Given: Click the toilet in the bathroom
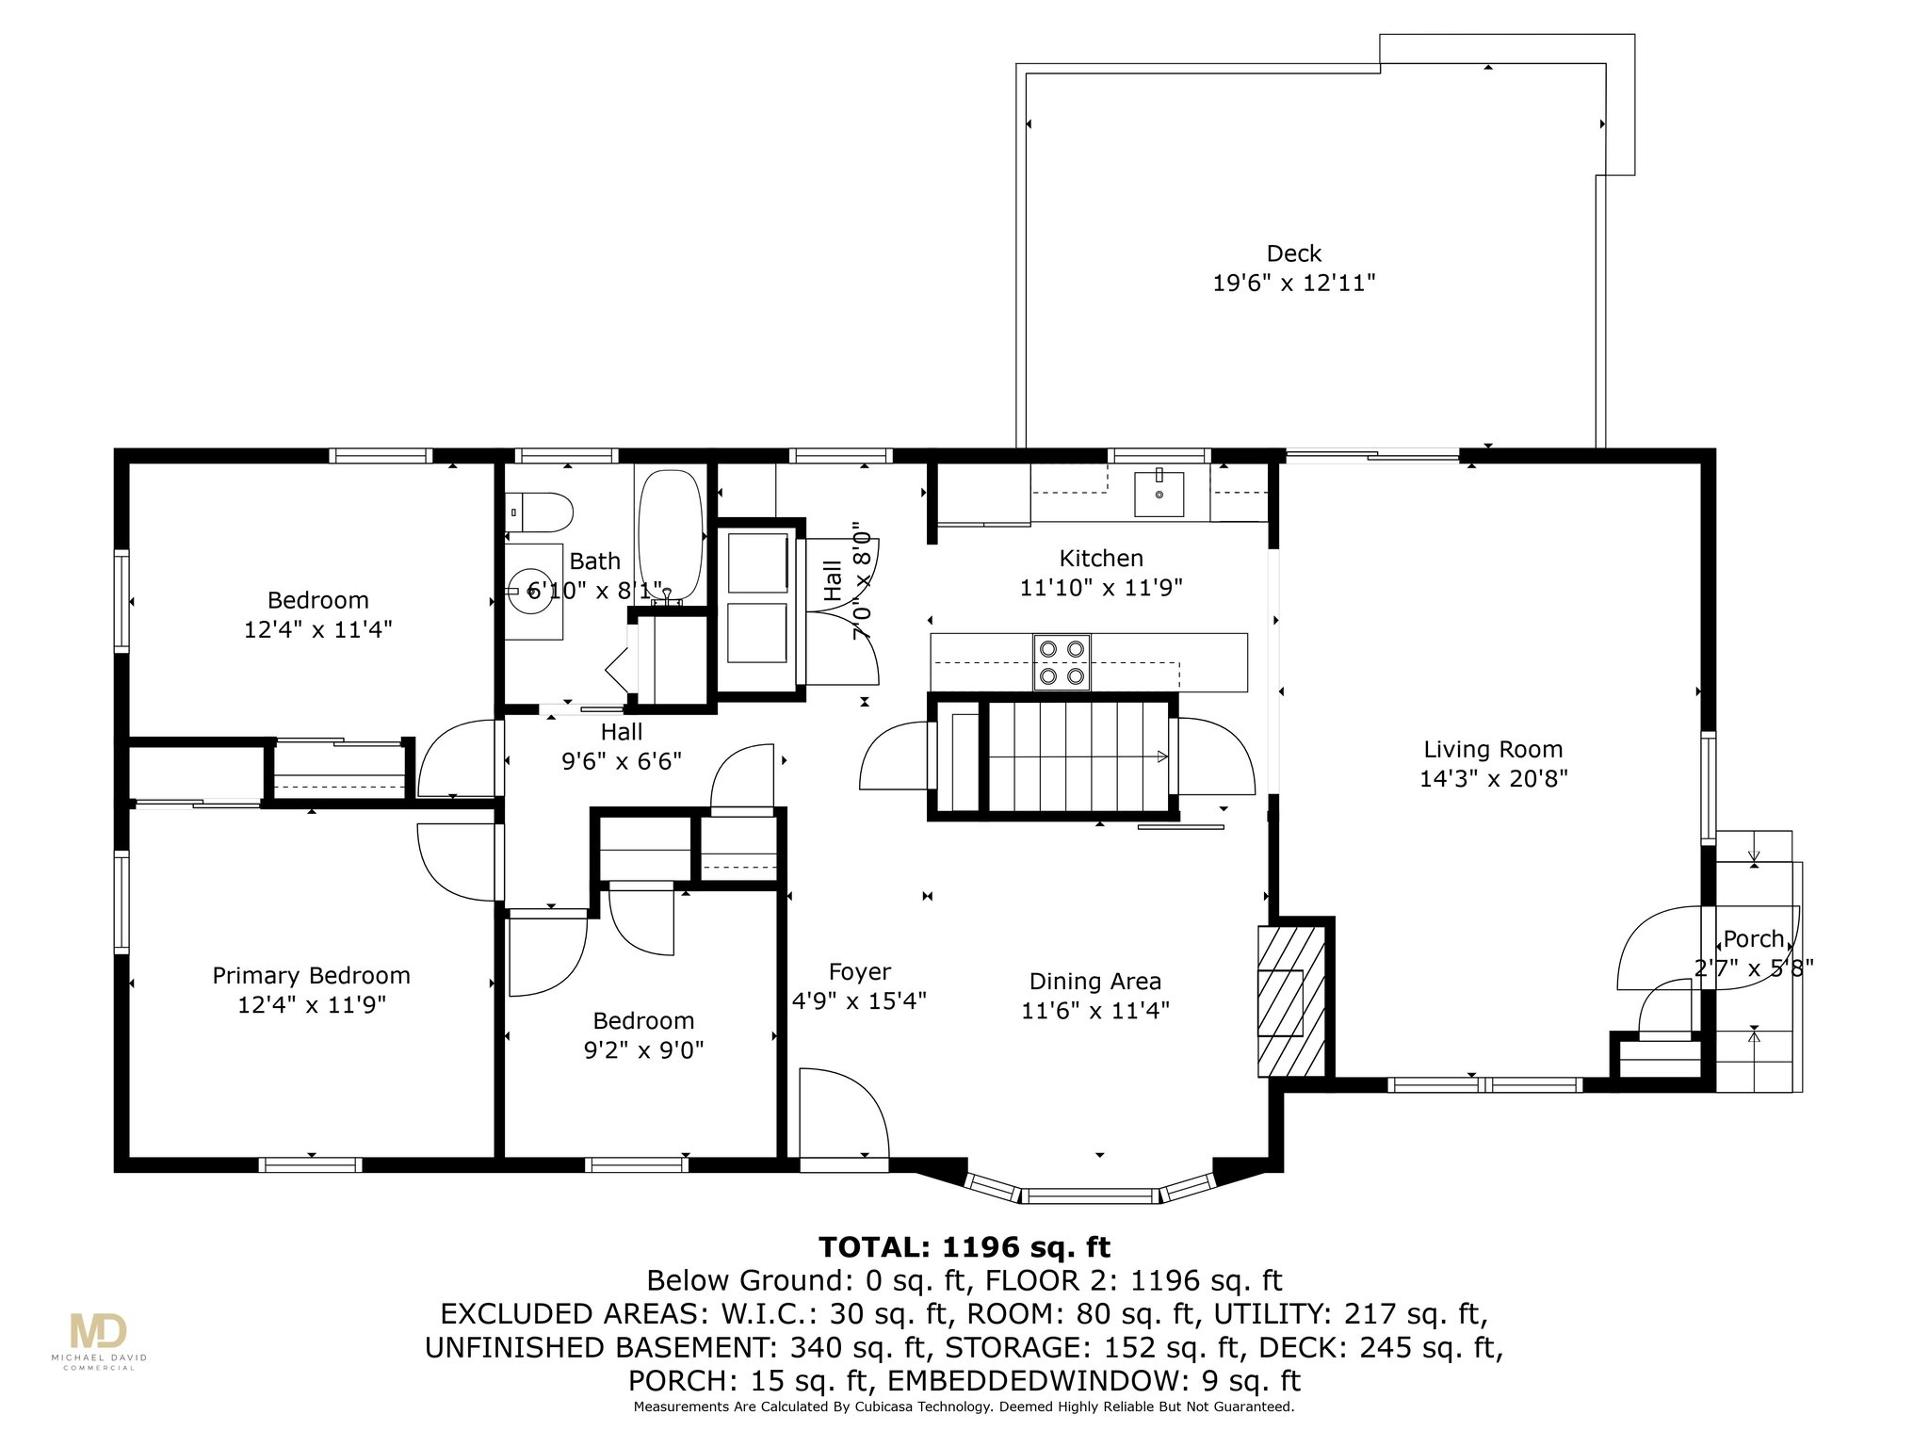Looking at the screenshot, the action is click(x=541, y=513).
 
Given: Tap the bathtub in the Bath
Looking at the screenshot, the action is click(x=671, y=535).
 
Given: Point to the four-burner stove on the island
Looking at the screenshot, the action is click(x=1062, y=662).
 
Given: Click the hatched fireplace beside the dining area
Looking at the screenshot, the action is click(x=1292, y=1000).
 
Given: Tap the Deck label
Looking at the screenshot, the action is click(x=1294, y=253).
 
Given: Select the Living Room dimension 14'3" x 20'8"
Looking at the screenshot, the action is click(x=1493, y=779).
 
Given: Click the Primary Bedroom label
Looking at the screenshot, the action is click(x=311, y=976).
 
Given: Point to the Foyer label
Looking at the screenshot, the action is click(x=859, y=972).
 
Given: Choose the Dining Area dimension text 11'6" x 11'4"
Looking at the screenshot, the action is click(x=1095, y=1011).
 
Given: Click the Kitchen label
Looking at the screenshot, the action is click(x=1101, y=559).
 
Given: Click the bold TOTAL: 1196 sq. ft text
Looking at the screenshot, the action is click(x=964, y=1247).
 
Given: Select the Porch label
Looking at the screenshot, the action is click(x=1754, y=939).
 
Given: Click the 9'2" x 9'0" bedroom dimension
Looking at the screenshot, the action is click(x=644, y=1049).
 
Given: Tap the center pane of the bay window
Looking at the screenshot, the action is click(x=1090, y=1196).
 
